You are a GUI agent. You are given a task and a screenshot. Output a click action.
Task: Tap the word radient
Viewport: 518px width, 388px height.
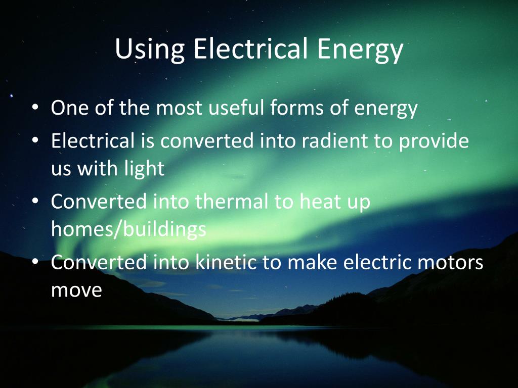330,141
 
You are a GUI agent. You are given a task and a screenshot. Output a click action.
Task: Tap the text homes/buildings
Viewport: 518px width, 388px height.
128,229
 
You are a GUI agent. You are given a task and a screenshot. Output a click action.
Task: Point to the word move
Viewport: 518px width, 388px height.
76,290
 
